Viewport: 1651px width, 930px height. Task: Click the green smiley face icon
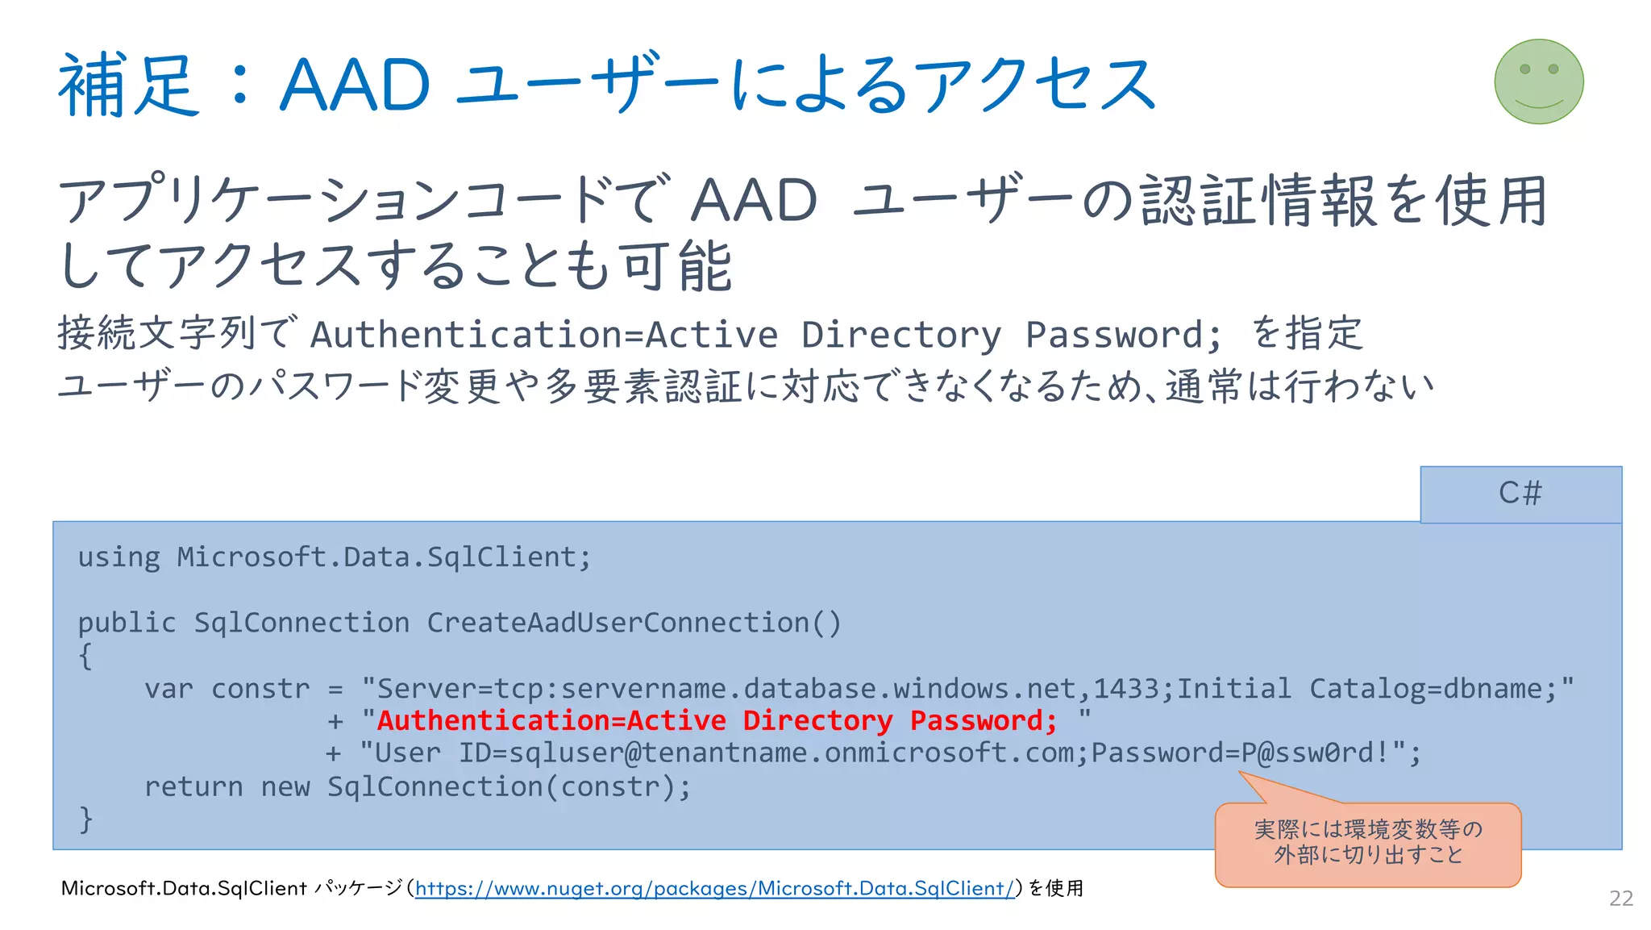click(x=1538, y=81)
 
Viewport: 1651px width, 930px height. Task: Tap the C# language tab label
click(x=1520, y=493)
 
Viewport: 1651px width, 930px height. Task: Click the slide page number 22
click(x=1621, y=898)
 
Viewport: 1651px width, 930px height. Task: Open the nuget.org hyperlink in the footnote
click(x=714, y=888)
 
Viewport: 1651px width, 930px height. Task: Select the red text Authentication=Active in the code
click(x=551, y=720)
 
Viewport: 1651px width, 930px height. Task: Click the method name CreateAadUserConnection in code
click(x=618, y=623)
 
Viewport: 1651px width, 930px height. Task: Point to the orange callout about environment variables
click(x=1368, y=843)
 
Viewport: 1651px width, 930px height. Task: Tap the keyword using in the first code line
click(x=119, y=557)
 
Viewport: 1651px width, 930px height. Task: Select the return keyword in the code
click(x=193, y=786)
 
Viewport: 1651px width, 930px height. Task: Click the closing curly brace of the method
click(x=86, y=819)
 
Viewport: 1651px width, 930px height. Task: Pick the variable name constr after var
click(x=260, y=689)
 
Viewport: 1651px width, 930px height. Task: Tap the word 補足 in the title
click(x=127, y=85)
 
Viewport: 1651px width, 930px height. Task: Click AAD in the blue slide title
click(x=355, y=85)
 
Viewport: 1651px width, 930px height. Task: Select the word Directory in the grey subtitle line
click(x=900, y=335)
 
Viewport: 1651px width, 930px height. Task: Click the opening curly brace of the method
click(x=86, y=656)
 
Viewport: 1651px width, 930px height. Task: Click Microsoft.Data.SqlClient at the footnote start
click(x=184, y=888)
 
